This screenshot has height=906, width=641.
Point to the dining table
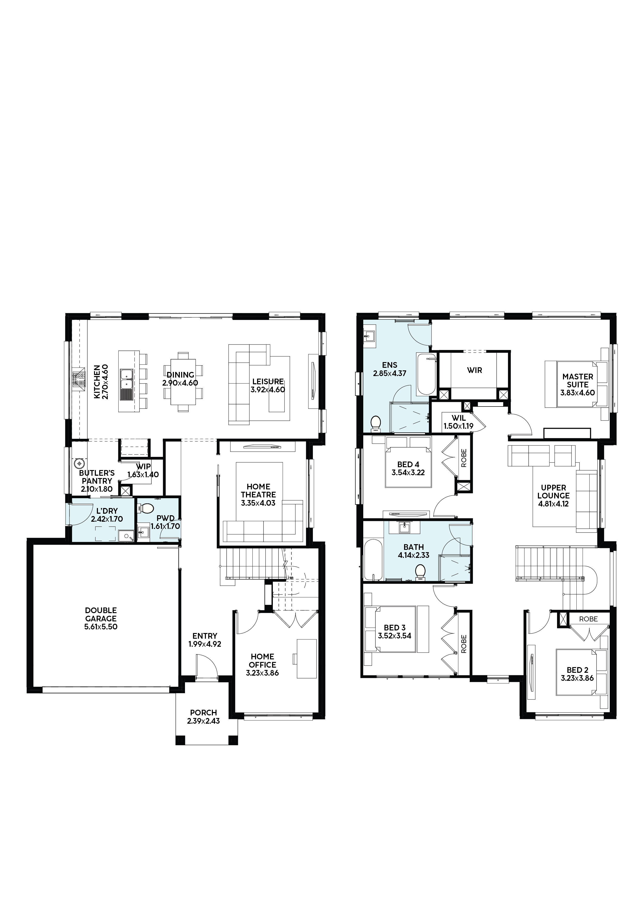183,381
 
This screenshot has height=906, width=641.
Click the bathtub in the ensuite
427,374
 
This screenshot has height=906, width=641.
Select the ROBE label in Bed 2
589,619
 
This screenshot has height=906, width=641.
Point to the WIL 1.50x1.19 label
458,422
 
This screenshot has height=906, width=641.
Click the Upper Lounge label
553,492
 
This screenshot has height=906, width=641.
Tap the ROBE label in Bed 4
464,458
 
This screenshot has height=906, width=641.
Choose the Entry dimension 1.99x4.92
205,644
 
